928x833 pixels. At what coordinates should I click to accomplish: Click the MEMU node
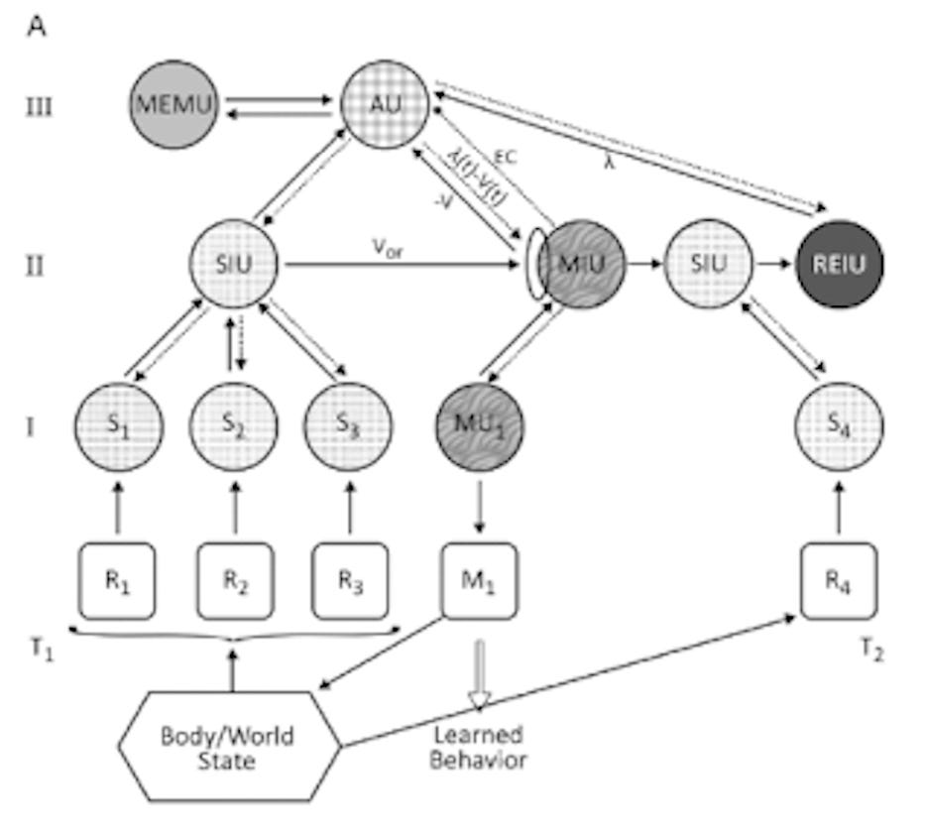(x=174, y=104)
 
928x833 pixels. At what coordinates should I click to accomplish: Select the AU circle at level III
(x=385, y=104)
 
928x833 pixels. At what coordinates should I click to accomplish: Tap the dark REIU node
(x=840, y=265)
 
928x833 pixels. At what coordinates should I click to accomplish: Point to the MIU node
(x=581, y=265)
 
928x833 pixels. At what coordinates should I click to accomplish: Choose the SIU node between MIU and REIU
(x=708, y=265)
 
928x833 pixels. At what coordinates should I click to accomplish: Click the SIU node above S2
(x=234, y=265)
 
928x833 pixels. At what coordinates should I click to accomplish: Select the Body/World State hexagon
(x=231, y=750)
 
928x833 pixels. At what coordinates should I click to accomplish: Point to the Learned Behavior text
(x=480, y=748)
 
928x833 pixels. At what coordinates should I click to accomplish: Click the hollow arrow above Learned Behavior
(x=480, y=674)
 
